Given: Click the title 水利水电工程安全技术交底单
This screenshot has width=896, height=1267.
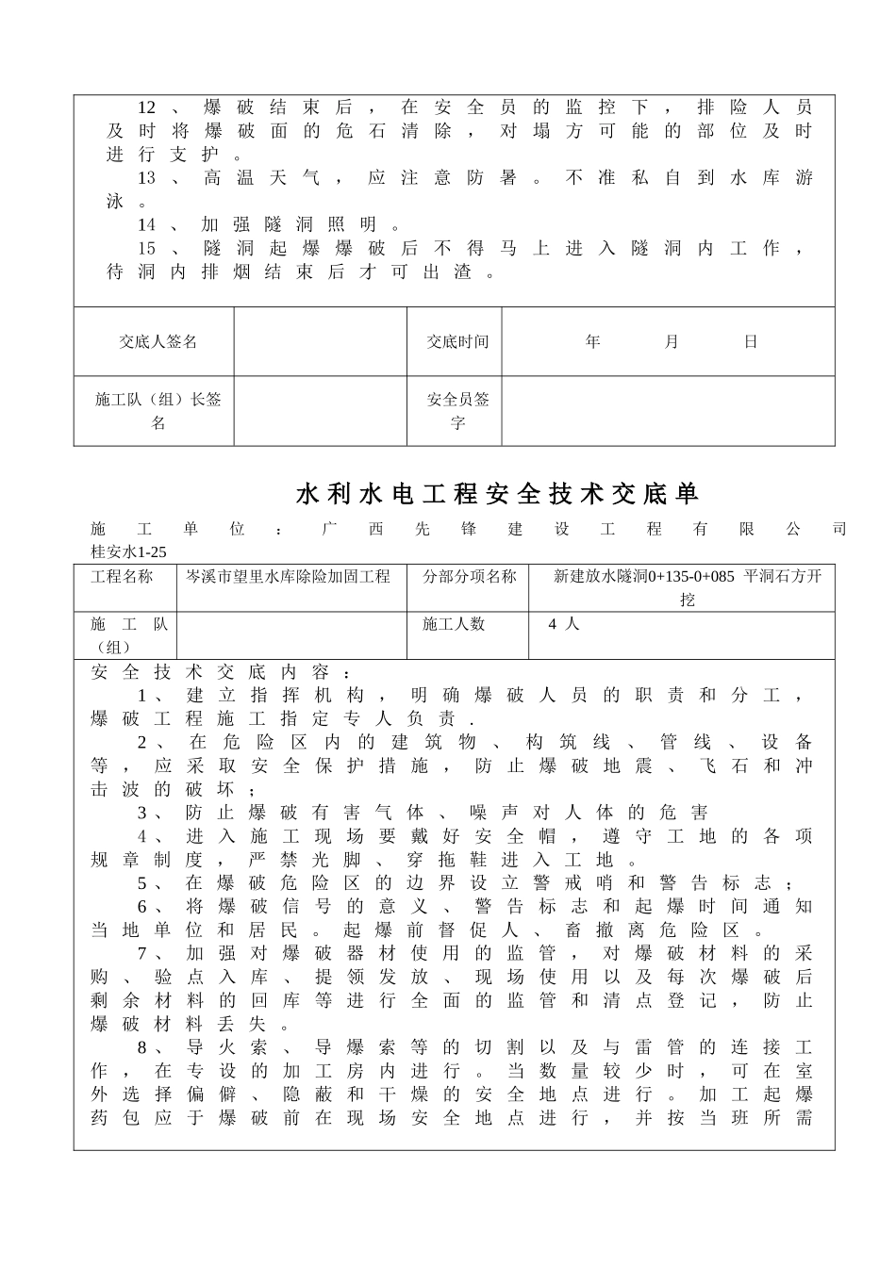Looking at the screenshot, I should [498, 494].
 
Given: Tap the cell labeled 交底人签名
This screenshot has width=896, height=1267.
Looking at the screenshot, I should [158, 341].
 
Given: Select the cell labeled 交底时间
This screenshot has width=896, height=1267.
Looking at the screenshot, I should [457, 341].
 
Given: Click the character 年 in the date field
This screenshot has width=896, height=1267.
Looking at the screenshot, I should [592, 341].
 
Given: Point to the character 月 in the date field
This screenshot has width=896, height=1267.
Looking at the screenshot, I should [671, 341].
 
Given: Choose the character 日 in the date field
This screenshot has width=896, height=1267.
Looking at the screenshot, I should [751, 341].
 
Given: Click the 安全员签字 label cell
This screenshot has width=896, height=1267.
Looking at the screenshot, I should [457, 411].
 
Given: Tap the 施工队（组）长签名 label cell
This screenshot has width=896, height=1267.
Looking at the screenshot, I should [158, 411].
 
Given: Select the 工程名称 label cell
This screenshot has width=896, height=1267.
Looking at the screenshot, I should [122, 576].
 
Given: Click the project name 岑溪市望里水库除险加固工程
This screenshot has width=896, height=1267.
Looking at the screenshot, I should [288, 576].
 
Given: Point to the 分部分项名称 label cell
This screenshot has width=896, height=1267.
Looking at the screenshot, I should [469, 576].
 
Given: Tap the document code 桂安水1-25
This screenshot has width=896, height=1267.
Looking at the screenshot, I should [128, 552].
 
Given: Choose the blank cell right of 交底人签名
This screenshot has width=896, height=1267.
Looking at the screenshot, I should [321, 341].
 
